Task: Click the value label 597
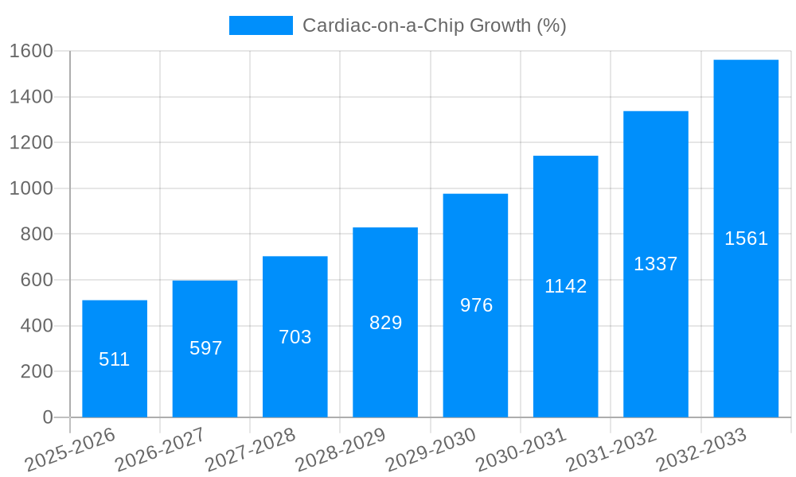point(205,348)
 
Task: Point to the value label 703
point(295,337)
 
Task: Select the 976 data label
point(476,305)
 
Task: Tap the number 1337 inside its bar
point(655,264)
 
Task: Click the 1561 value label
point(746,238)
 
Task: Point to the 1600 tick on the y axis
point(31,51)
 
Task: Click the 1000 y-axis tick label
point(31,188)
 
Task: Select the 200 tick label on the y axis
point(37,371)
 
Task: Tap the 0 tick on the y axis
point(48,417)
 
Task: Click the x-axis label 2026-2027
point(160,450)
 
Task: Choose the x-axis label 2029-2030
point(431,450)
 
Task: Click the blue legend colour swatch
point(260,25)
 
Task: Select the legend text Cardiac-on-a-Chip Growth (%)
point(434,25)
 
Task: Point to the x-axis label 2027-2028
point(250,450)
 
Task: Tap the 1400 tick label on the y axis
point(31,97)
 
